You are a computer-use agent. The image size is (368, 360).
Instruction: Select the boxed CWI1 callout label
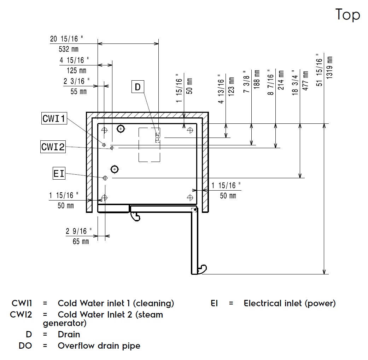pos(54,118)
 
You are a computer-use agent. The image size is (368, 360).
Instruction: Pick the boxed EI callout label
pos(59,174)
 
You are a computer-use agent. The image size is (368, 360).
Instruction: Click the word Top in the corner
pos(347,15)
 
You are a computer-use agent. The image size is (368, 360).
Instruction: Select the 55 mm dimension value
pos(78,91)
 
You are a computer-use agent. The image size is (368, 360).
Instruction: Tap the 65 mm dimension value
pos(81,242)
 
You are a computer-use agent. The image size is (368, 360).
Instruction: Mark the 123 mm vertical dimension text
pos(232,86)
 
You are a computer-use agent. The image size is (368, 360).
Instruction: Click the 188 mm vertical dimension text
pos(257,79)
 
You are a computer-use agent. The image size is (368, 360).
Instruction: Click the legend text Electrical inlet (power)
pos(290,303)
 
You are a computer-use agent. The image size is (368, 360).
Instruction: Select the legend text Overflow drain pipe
pos(99,346)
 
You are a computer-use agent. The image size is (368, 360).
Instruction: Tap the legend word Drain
pos(69,334)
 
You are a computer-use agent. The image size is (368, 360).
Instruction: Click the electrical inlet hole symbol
pos(105,178)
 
